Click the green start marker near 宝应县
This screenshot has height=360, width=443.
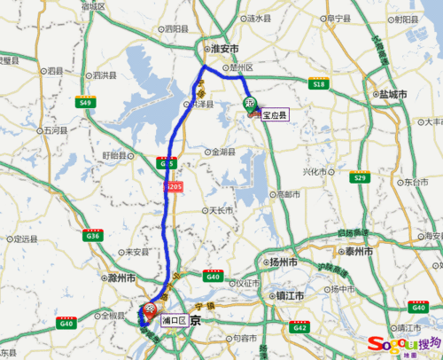250,104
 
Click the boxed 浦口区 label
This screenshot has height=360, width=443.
174,320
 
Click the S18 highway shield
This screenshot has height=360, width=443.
320,82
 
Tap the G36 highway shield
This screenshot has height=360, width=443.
91,234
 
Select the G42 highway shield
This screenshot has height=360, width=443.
301,326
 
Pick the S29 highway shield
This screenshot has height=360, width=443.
359,177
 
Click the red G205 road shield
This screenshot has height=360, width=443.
173,188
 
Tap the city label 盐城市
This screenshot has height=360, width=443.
391,93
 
